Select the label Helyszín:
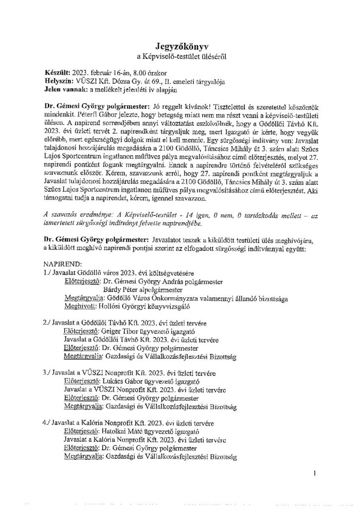point(58,81)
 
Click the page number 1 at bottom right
point(315,474)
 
